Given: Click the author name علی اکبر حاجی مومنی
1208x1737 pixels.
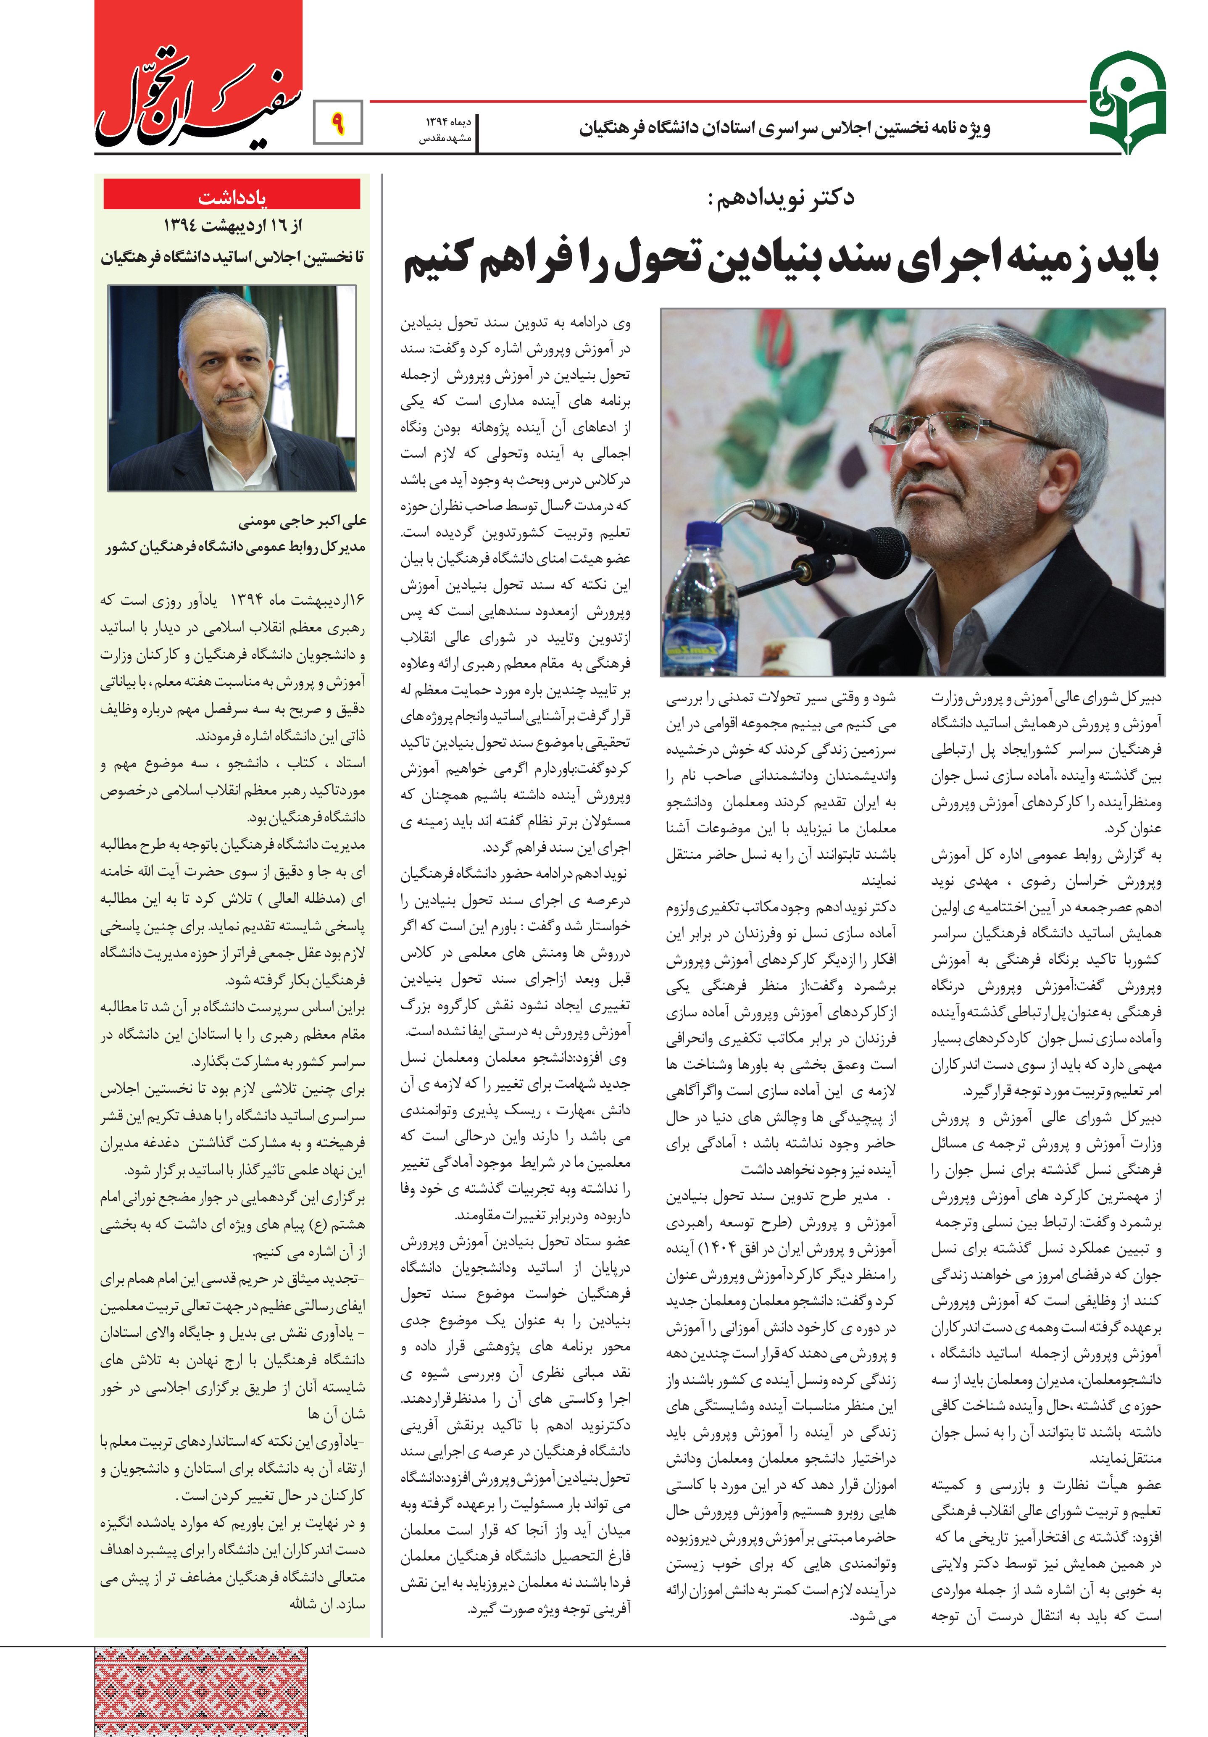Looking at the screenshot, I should (303, 521).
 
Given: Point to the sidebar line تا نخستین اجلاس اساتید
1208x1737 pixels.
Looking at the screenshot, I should (232, 257).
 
